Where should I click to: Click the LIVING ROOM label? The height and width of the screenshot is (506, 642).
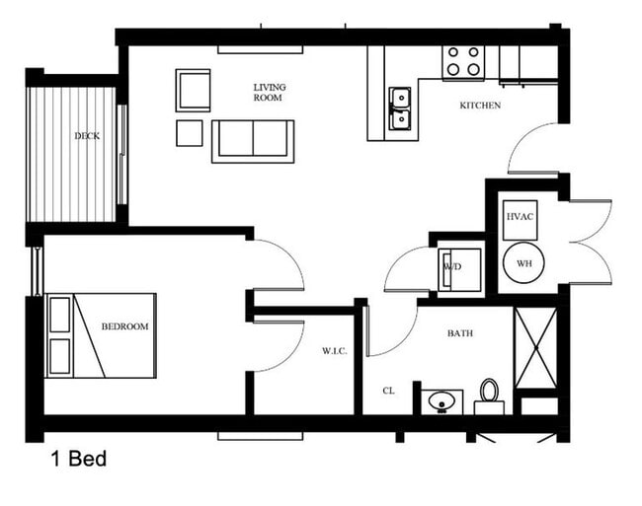point(268,92)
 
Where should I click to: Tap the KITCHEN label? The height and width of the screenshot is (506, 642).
point(480,106)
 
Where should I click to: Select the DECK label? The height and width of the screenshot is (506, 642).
point(87,136)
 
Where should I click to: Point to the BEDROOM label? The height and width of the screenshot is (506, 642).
point(124,326)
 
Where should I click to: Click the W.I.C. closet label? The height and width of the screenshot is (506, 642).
point(334,351)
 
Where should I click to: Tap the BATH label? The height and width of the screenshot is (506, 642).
point(459,333)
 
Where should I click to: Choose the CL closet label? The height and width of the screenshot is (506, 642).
point(389,392)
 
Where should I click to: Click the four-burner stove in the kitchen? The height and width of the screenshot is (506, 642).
point(462,61)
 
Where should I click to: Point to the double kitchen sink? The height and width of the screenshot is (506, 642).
point(399,108)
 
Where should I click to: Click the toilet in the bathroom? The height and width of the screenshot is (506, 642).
point(489,397)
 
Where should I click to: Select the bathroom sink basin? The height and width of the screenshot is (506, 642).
point(441,401)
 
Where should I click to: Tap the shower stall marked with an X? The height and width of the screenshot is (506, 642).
point(536,350)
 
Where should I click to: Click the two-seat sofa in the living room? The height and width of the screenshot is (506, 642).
point(253,140)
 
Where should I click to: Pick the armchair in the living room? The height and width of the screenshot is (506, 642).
point(194,90)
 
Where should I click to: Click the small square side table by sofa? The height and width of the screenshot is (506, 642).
point(189,132)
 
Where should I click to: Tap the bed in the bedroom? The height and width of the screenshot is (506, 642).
point(101,335)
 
